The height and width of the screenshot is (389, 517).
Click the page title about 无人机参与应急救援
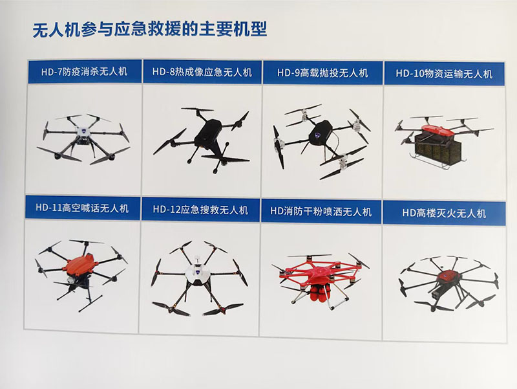pyautogui.click(x=149, y=30)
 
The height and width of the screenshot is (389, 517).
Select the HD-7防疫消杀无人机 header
pyautogui.click(x=85, y=72)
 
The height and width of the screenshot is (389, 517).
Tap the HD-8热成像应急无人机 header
pyautogui.click(x=202, y=72)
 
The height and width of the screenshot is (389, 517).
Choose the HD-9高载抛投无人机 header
pyautogui.click(x=322, y=72)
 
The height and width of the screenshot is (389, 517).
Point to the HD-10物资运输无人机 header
pyautogui.click(x=444, y=73)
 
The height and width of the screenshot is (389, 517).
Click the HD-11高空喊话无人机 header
pyautogui.click(x=82, y=208)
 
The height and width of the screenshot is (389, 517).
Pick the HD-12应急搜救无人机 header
pyautogui.click(x=200, y=210)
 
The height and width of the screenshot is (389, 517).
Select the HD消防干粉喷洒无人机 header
pyautogui.click(x=321, y=212)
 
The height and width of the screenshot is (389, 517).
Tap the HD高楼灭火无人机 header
pyautogui.click(x=444, y=213)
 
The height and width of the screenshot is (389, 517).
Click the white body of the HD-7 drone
pyautogui.click(x=85, y=132)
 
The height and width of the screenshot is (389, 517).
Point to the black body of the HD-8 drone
pyautogui.click(x=208, y=133)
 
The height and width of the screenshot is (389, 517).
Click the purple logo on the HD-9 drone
pyautogui.click(x=318, y=135)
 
